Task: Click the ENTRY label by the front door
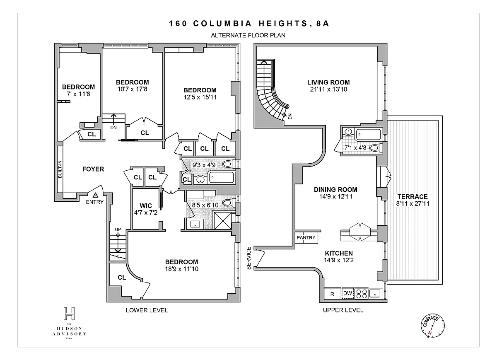95,202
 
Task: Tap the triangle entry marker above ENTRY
95,195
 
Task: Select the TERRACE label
413,197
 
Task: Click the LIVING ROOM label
328,82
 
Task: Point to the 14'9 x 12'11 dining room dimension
336,196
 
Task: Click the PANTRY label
306,237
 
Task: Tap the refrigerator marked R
332,294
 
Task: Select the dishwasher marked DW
347,293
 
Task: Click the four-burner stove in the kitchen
362,293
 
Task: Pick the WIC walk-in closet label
146,205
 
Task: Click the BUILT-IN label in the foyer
60,169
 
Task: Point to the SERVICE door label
249,258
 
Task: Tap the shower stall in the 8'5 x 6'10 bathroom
222,220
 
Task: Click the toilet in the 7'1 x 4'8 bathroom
376,148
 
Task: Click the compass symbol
433,326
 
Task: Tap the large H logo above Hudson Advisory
69,313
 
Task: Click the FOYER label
93,169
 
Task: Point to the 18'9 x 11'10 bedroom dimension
181,269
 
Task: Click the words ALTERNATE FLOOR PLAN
248,36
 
